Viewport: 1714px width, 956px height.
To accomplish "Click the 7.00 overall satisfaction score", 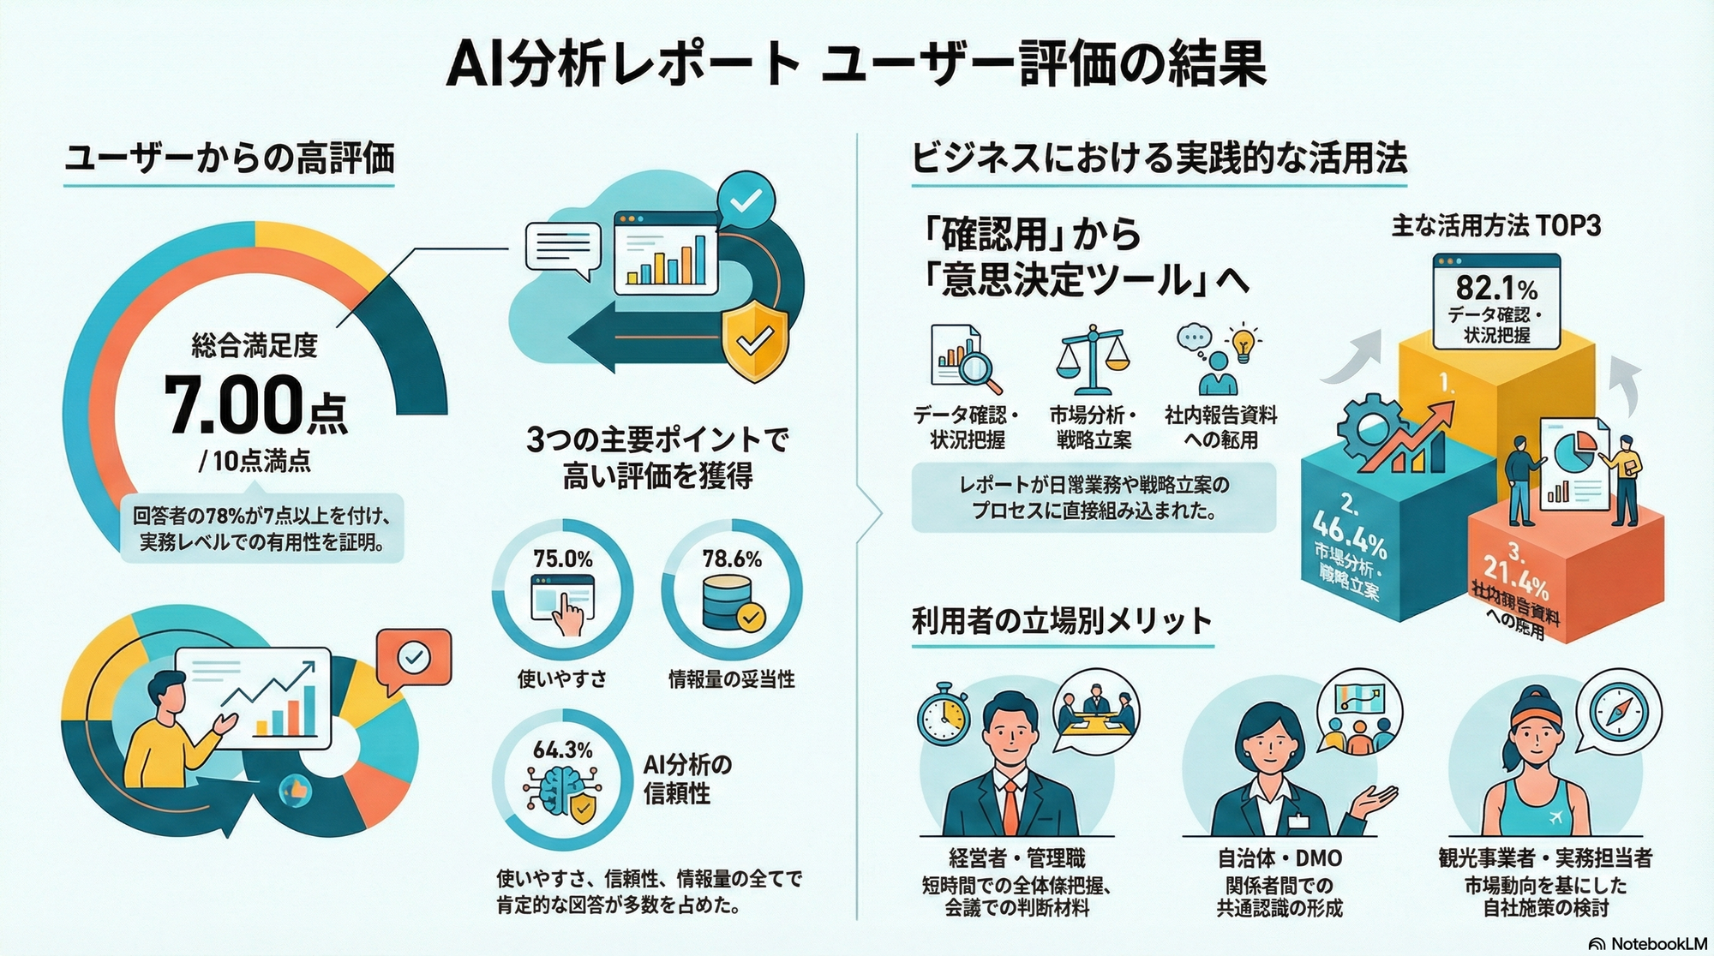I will (231, 404).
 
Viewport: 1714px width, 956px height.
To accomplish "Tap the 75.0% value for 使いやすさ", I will (562, 559).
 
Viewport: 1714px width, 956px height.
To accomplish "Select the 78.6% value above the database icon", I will (732, 559).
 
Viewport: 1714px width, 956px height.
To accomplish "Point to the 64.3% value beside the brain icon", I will (562, 750).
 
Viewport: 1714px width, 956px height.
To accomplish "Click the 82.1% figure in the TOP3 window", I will (1496, 288).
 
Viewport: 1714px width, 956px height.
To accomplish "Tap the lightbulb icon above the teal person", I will (1244, 342).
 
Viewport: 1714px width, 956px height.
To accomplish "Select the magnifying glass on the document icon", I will (977, 368).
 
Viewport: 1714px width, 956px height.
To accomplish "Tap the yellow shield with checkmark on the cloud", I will (754, 344).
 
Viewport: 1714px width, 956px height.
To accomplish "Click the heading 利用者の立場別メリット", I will (1061, 620).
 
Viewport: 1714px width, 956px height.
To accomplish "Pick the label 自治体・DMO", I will (1280, 858).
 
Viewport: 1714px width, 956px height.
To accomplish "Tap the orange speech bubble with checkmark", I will (414, 658).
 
